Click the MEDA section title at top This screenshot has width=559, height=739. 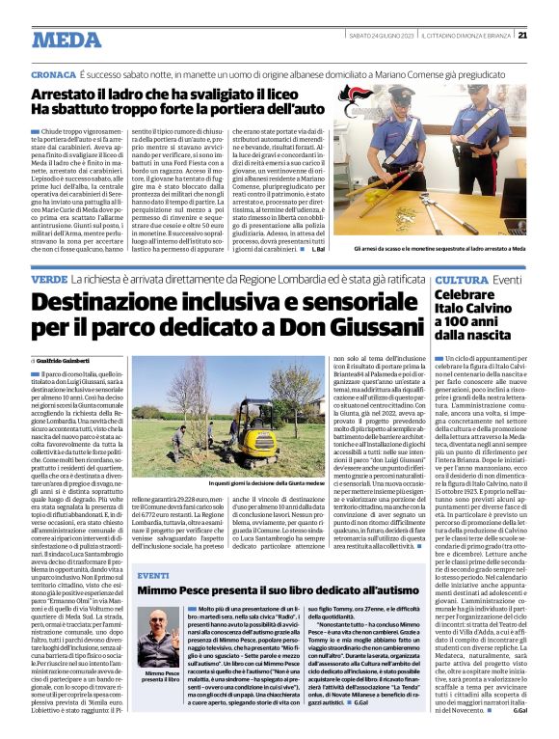[x=66, y=40]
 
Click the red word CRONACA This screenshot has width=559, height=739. [x=52, y=73]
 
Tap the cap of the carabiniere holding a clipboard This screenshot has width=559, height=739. [x=500, y=96]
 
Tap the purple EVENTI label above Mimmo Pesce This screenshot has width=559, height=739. [x=152, y=575]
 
